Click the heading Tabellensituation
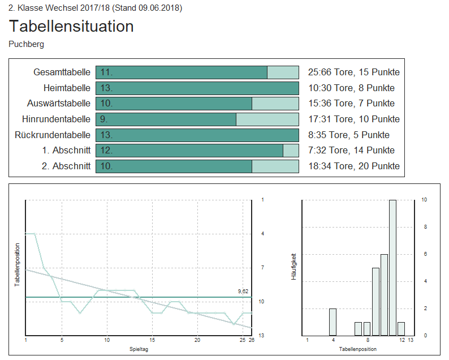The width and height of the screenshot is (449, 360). [71, 27]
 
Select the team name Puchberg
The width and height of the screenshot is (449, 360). [27, 44]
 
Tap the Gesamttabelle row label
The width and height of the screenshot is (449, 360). [62, 72]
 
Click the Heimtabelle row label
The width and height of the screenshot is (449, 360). [67, 88]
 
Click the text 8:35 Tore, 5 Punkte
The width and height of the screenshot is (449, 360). [348, 135]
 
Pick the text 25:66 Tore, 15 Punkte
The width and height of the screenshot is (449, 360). [353, 72]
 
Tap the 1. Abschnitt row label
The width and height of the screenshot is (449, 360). [66, 151]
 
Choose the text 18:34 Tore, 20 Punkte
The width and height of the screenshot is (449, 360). [353, 166]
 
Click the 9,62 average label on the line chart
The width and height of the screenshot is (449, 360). [243, 291]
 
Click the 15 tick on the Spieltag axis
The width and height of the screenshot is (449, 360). [152, 340]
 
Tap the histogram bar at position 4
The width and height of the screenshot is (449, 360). [333, 322]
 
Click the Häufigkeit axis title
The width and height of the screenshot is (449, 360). [293, 267]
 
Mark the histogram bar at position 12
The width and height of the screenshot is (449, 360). [401, 328]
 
